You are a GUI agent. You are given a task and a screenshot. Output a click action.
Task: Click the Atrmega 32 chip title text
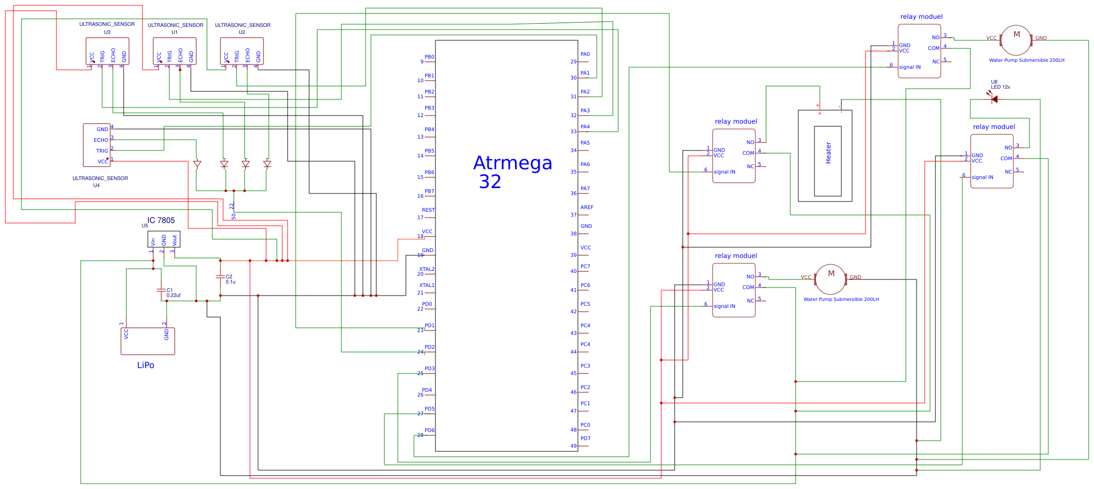(x=512, y=172)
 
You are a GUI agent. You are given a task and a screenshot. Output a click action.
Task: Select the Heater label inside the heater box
(x=828, y=153)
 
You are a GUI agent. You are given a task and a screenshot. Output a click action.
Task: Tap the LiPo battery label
(x=146, y=365)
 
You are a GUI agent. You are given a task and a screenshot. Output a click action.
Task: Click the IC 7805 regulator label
(x=161, y=220)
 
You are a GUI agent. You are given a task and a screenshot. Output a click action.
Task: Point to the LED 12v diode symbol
(x=994, y=99)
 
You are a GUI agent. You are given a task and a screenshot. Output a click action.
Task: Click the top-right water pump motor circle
(x=1016, y=40)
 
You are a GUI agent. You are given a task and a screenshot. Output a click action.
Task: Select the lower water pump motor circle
(x=831, y=279)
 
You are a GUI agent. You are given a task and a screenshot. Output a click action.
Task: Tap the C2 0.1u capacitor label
(x=230, y=279)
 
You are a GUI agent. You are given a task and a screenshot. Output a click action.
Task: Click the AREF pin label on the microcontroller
(x=587, y=207)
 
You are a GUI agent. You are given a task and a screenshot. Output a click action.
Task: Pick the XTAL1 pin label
(x=427, y=285)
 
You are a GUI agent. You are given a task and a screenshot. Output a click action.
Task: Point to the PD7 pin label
(x=585, y=438)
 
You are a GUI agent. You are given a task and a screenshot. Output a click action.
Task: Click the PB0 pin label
(x=429, y=57)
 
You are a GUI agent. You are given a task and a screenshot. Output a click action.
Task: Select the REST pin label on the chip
(x=428, y=210)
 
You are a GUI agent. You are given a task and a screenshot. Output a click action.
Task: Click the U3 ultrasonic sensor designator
(x=107, y=32)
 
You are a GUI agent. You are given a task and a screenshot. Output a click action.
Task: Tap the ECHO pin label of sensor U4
(x=101, y=140)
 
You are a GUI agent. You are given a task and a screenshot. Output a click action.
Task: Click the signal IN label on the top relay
(x=910, y=68)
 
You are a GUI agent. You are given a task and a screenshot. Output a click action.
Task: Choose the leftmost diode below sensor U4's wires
(x=197, y=164)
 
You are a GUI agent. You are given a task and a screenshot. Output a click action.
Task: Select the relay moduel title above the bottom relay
(x=735, y=256)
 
